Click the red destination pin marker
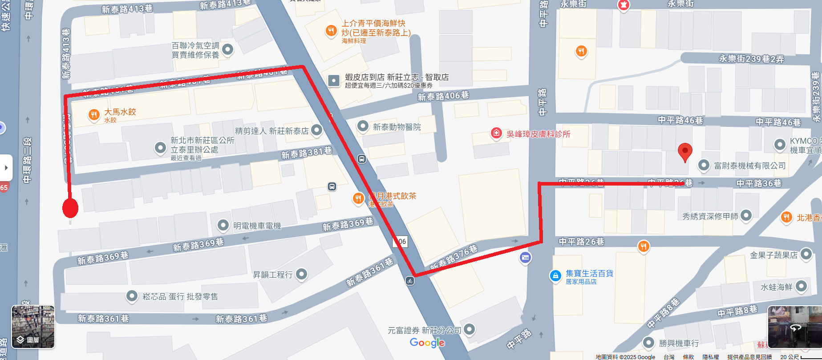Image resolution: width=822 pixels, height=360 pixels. click(684, 151)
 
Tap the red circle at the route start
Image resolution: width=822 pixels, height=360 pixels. click(70, 208)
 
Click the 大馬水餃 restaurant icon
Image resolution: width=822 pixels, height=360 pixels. click(93, 115)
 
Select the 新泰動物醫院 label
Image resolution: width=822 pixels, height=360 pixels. click(397, 127)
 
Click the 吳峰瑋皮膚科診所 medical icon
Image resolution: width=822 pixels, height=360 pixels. click(496, 133)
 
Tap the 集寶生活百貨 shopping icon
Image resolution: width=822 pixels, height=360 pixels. click(555, 276)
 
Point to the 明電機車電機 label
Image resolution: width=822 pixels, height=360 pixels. click(257, 226)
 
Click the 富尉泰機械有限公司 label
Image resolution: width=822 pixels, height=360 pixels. click(750, 166)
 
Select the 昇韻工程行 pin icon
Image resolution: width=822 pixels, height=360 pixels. click(302, 274)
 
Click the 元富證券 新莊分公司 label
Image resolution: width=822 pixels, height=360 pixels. click(424, 330)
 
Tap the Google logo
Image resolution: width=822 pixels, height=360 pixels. click(427, 343)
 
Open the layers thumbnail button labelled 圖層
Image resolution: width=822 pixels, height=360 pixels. click(33, 327)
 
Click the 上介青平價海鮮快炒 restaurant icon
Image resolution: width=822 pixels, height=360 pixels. click(331, 31)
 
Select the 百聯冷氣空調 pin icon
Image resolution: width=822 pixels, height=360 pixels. click(227, 49)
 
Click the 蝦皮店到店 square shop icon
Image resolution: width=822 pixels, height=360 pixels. click(333, 81)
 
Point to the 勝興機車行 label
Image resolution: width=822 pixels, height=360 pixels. click(679, 343)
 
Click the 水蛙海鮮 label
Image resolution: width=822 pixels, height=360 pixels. click(776, 287)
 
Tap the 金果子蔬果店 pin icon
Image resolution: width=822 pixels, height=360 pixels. click(806, 254)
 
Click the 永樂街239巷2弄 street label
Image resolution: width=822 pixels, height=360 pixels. click(751, 59)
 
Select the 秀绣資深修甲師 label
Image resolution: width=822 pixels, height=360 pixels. click(710, 216)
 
